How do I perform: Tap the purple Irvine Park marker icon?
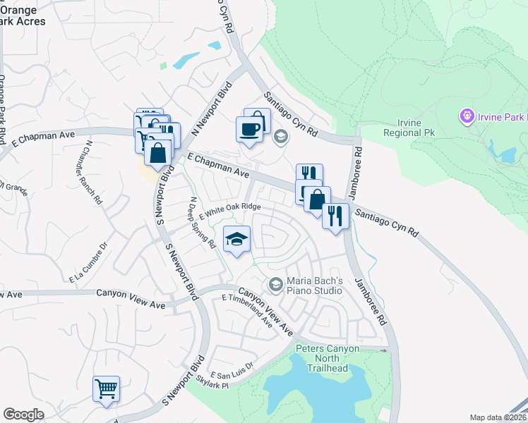tap(466, 115)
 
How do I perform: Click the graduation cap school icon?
tap(237, 240)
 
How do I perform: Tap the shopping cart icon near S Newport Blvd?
tap(106, 388)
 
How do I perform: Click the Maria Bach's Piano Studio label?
tap(314, 285)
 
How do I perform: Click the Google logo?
tap(23, 415)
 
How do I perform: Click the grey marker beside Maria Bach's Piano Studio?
tap(275, 284)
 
